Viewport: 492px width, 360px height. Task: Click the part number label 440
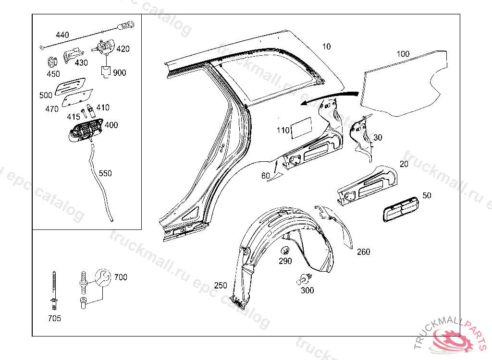pyautogui.click(x=62, y=35)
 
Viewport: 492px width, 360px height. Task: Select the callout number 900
pyautogui.click(x=120, y=73)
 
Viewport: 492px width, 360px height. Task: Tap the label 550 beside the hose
pyautogui.click(x=105, y=173)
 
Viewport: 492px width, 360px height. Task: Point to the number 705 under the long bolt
pyautogui.click(x=54, y=318)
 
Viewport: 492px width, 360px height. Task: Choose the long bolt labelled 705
pyautogui.click(x=54, y=288)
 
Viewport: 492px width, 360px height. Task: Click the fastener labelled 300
pyautogui.click(x=304, y=278)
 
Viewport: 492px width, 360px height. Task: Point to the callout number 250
pyautogui.click(x=221, y=286)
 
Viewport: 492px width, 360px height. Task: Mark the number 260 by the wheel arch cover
pyautogui.click(x=364, y=252)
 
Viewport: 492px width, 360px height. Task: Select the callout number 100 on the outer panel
pyautogui.click(x=403, y=54)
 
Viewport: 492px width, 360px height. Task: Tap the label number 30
pyautogui.click(x=378, y=138)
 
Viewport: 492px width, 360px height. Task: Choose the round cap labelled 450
pyautogui.click(x=51, y=63)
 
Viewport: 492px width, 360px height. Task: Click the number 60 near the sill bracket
pyautogui.click(x=266, y=176)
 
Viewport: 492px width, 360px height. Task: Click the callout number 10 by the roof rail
pyautogui.click(x=327, y=47)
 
